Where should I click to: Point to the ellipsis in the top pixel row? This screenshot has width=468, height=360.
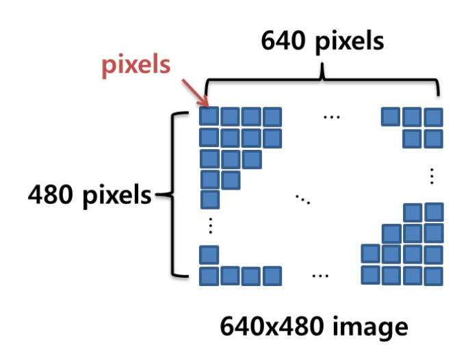tap(331, 117)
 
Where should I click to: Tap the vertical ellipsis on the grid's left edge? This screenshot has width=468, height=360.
tap(210, 225)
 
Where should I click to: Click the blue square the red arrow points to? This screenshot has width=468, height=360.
tap(209, 116)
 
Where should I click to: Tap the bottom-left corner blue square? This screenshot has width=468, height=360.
tap(209, 277)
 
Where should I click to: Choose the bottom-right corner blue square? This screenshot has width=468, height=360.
tap(432, 276)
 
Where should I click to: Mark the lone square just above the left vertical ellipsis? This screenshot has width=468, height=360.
tap(209, 201)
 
